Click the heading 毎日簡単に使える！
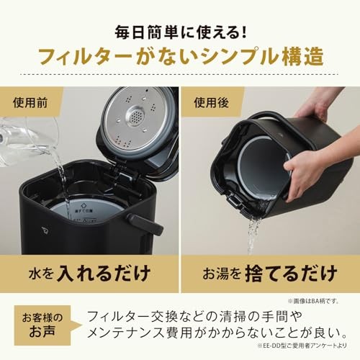coord(179,32)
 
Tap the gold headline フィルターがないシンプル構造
coord(179,57)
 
